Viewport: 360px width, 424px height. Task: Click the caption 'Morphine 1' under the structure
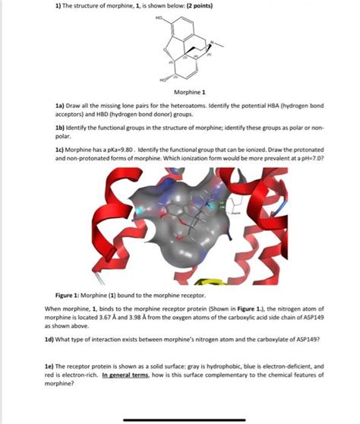(180, 91)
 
